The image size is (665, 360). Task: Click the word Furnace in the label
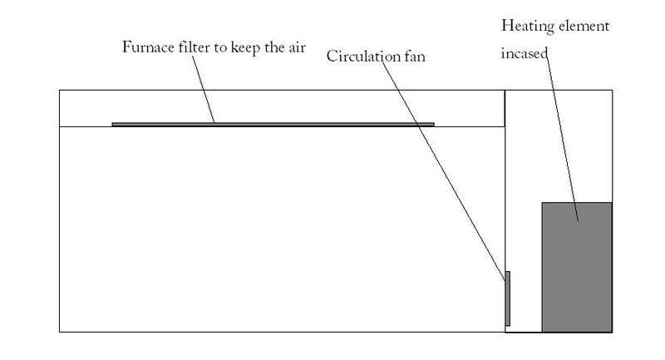tap(148, 47)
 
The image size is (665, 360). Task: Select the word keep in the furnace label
tap(245, 47)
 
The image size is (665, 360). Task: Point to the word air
tap(297, 47)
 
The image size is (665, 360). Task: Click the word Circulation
tap(363, 56)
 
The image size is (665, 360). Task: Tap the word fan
tap(415, 57)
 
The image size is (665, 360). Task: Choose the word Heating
tap(528, 27)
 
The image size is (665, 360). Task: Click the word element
tap(584, 27)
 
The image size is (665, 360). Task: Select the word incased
tap(525, 53)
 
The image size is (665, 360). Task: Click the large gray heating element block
tap(577, 267)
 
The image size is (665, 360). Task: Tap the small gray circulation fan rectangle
tap(507, 298)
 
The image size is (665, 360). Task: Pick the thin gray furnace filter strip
tap(273, 124)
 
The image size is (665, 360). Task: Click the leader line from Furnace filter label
tap(203, 90)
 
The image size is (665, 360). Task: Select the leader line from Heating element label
tap(562, 136)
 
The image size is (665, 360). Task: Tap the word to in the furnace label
tap(220, 48)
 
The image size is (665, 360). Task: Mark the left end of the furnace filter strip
tap(112, 124)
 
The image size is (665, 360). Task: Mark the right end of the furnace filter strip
tap(434, 124)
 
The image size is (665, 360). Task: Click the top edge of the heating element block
tap(577, 203)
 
